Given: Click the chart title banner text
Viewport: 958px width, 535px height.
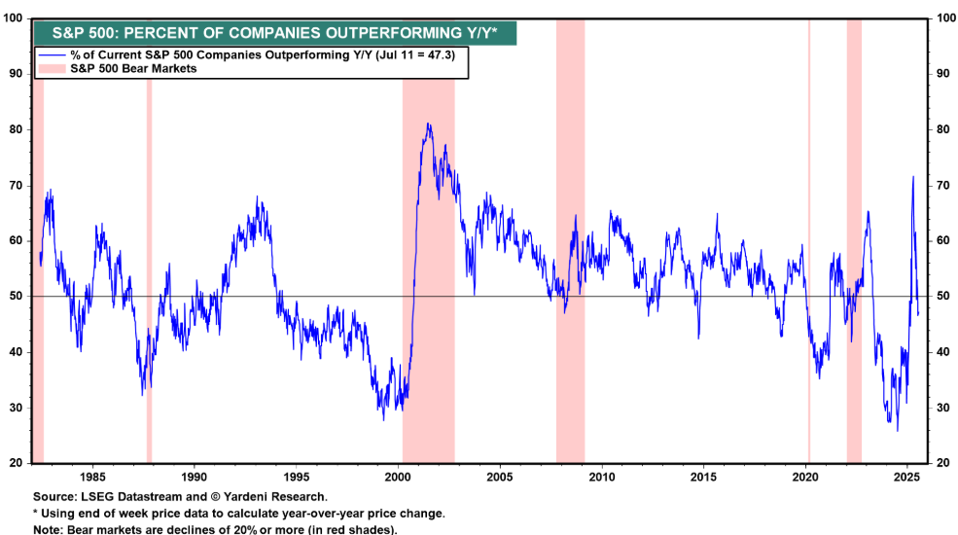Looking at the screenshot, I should [x=273, y=31].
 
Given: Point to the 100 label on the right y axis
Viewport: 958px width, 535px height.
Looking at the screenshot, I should [x=940, y=18].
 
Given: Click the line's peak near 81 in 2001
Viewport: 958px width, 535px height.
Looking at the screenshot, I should [x=428, y=125].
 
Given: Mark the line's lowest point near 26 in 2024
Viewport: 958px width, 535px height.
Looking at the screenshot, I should [x=897, y=430].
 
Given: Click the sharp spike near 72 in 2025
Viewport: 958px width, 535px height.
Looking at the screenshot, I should [x=912, y=177].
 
